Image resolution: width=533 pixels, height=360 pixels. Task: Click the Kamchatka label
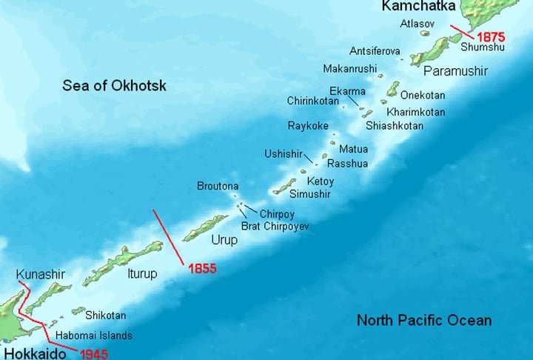(418, 7)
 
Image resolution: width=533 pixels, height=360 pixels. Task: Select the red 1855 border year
(202, 269)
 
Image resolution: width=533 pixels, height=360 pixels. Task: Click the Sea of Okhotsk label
(114, 86)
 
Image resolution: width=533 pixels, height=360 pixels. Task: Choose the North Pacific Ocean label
(423, 320)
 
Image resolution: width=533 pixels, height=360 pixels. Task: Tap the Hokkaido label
(32, 353)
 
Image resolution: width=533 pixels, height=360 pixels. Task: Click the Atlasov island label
(416, 24)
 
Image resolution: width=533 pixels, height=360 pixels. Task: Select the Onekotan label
(421, 95)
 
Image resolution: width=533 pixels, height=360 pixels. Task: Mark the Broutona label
(218, 186)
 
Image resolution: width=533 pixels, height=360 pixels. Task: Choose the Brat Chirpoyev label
(275, 225)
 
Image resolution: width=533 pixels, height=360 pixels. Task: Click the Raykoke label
(308, 126)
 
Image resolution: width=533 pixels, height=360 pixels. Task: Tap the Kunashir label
(41, 275)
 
